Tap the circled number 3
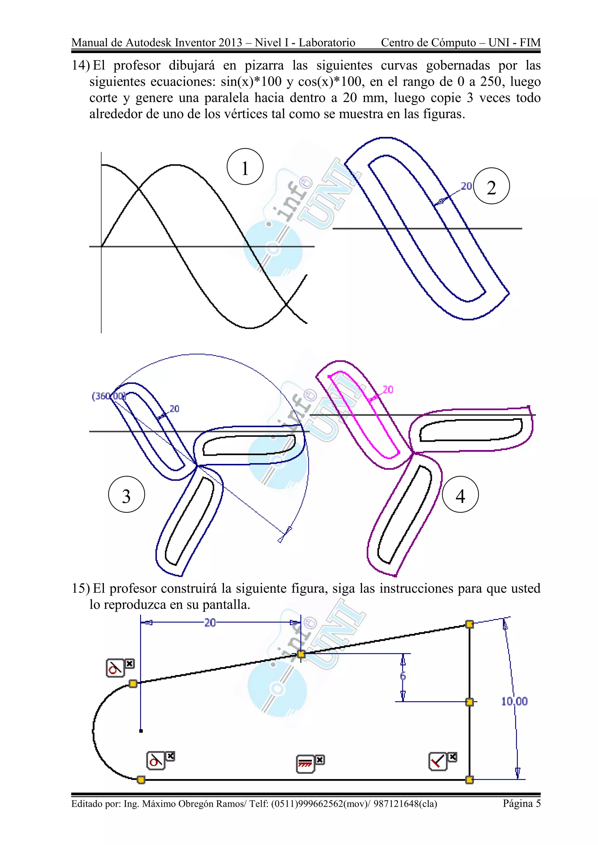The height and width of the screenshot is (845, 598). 126,495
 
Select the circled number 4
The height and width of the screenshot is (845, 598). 460,495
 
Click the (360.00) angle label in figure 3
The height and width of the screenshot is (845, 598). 109,396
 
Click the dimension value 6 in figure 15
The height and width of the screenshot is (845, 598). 403,676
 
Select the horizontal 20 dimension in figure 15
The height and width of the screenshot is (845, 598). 210,623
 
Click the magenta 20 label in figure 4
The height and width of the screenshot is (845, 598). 388,389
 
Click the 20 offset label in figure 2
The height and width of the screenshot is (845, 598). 466,186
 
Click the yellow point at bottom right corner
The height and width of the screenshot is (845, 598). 470,779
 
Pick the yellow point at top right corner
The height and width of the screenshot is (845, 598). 470,624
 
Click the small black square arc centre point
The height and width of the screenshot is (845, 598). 141,731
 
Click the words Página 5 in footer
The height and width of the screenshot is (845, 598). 521,803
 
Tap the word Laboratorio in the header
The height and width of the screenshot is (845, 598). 327,43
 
